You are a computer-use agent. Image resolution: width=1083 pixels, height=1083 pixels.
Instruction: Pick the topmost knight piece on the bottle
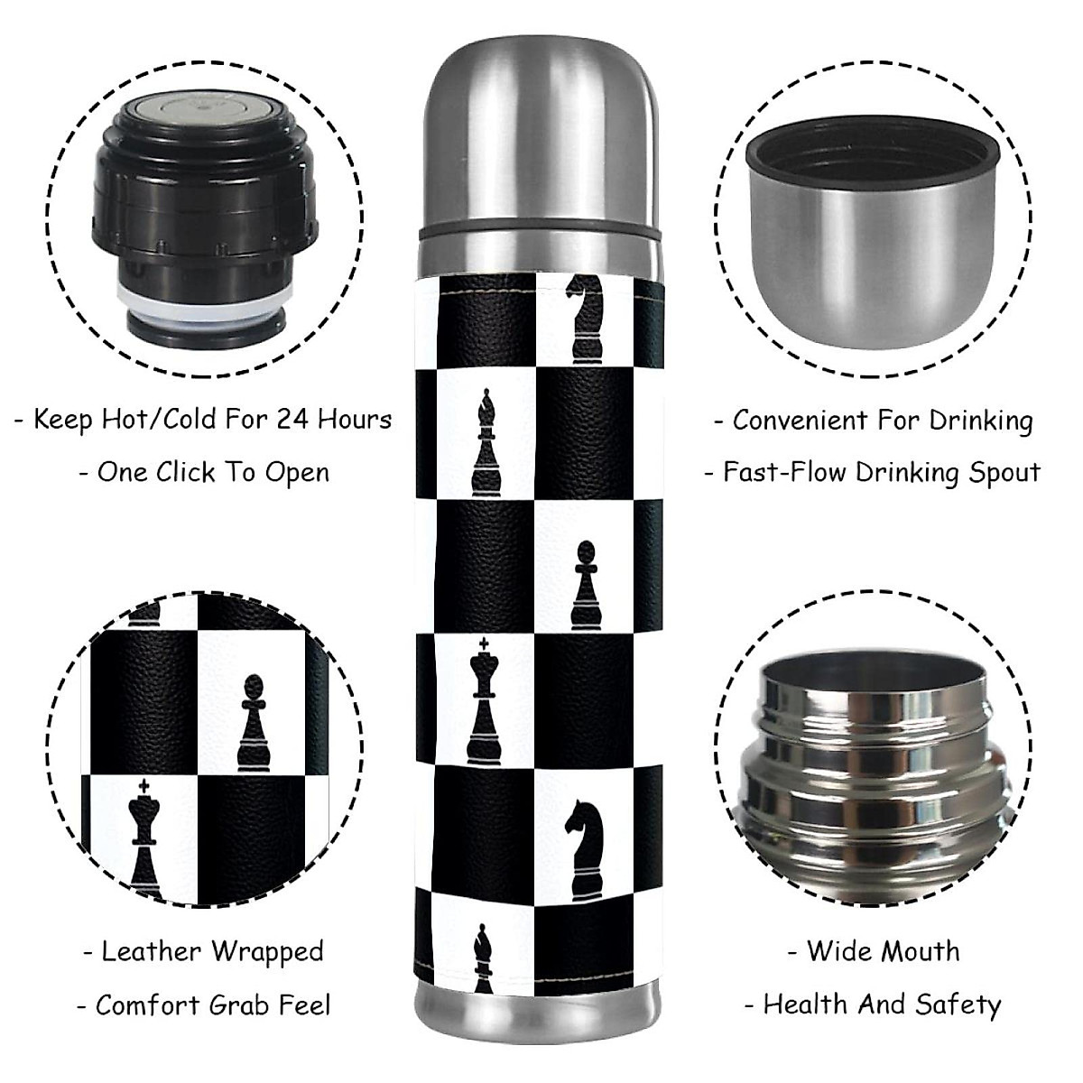(584, 316)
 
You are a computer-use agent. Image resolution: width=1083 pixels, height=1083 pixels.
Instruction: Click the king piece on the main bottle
(486, 700)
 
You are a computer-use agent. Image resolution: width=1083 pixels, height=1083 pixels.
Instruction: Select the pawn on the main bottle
(586, 585)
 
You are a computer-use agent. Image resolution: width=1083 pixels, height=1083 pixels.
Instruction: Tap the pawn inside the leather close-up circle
(255, 723)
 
